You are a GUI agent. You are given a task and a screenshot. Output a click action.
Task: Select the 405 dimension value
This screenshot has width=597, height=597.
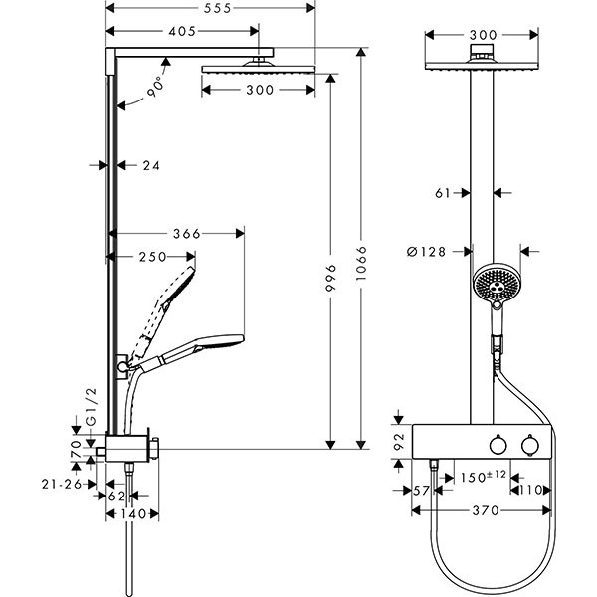click(x=182, y=32)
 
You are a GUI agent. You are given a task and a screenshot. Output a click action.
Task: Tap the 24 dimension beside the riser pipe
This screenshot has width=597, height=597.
click(x=151, y=165)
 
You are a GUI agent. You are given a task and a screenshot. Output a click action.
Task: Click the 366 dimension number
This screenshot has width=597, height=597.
click(x=185, y=234)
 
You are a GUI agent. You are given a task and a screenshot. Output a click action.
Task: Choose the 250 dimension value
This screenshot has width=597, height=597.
click(x=152, y=257)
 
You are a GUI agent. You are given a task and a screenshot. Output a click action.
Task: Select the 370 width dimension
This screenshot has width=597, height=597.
click(x=482, y=510)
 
